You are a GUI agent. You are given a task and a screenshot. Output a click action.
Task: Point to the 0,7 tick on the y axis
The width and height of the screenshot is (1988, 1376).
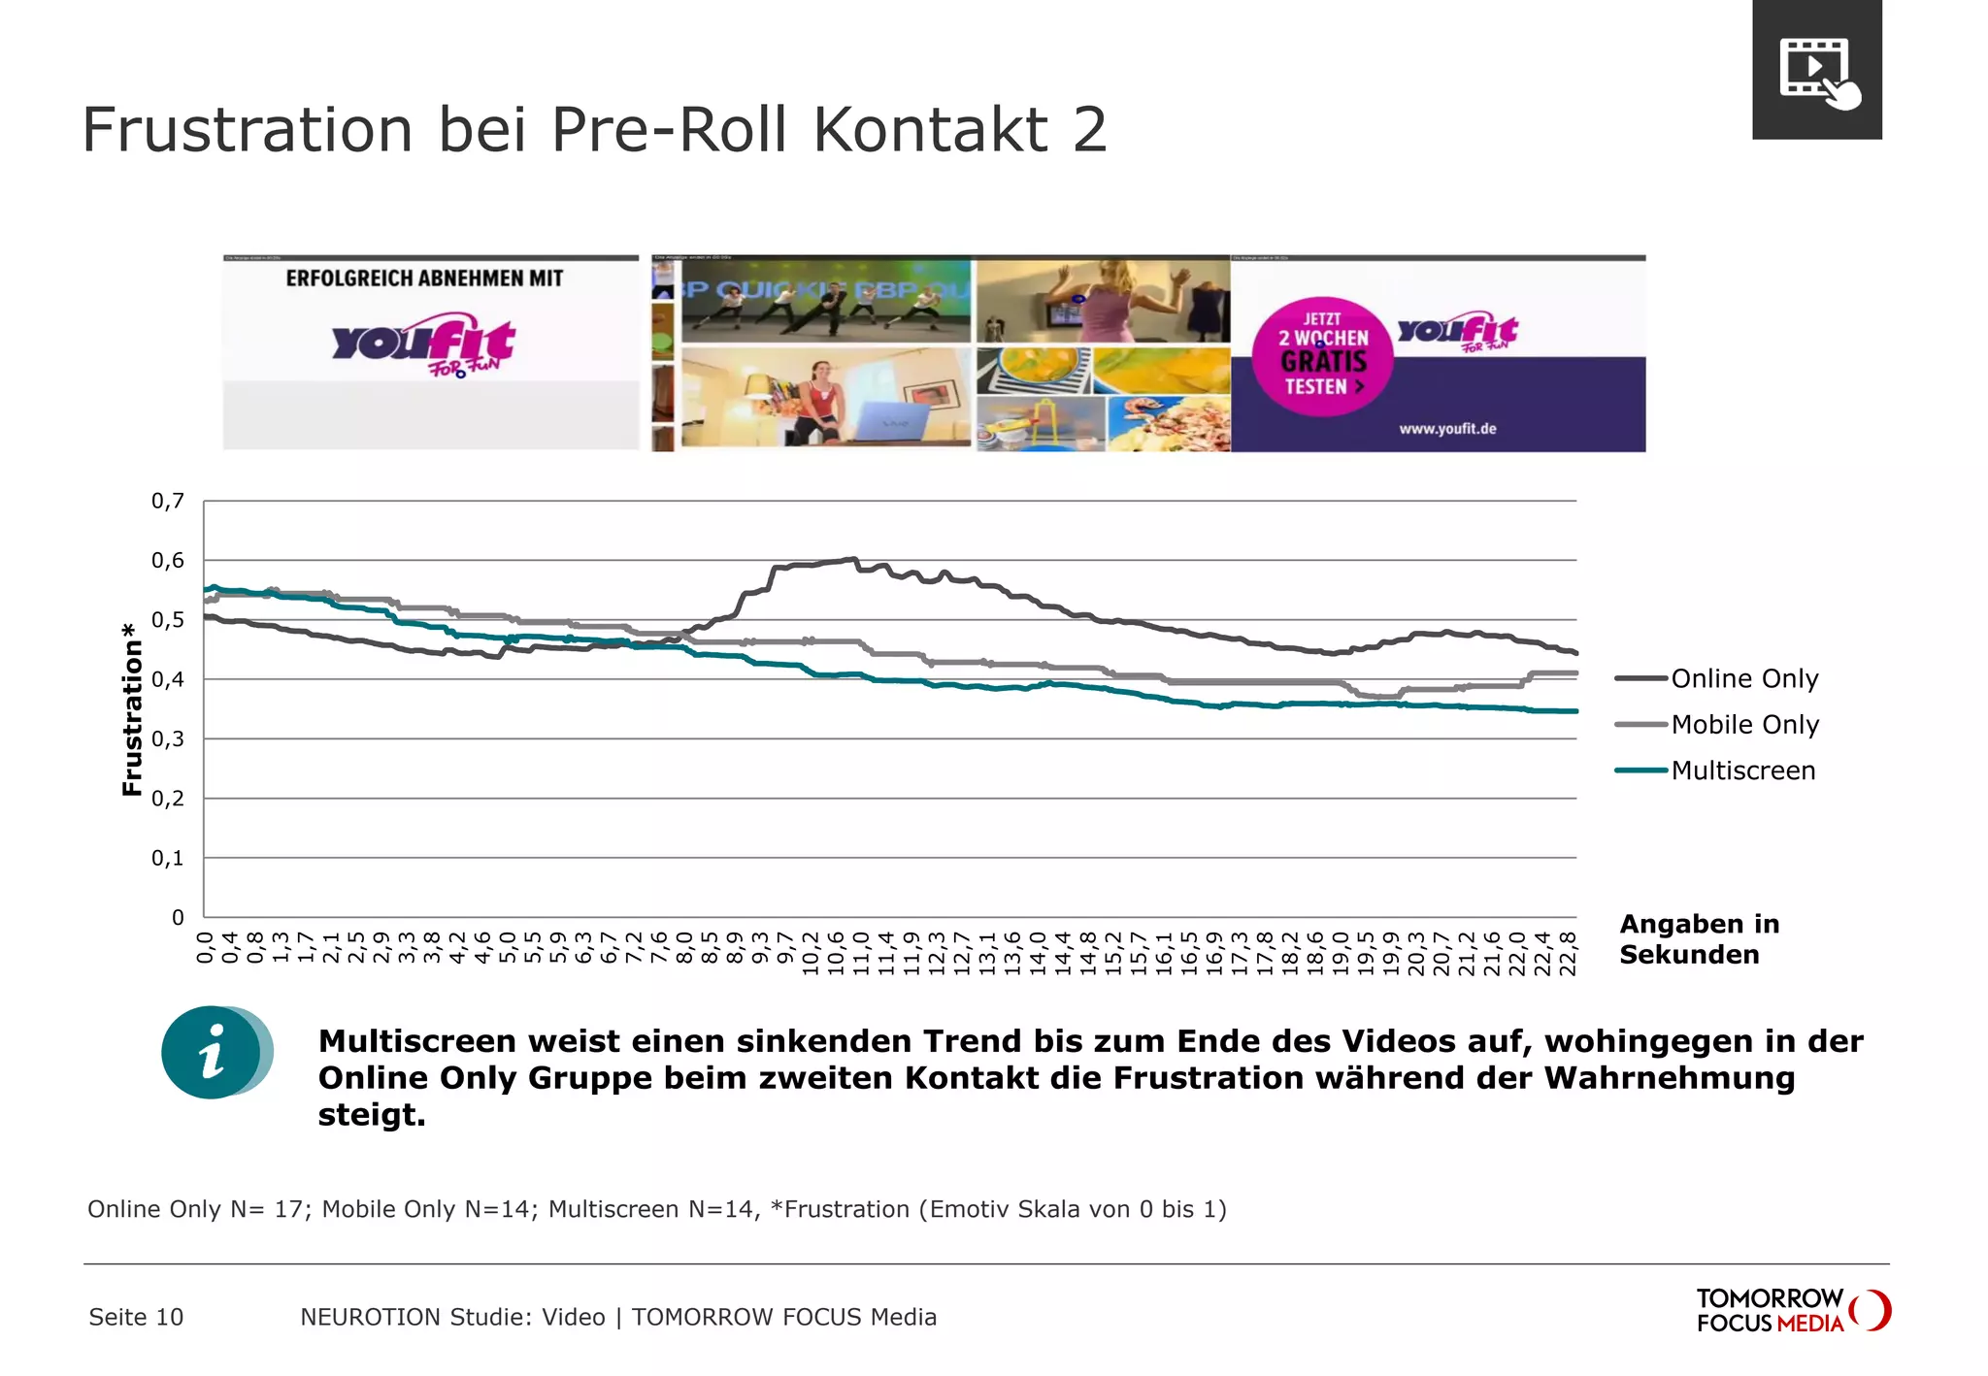(167, 501)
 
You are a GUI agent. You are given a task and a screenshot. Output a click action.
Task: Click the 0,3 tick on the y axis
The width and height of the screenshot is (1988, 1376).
(167, 739)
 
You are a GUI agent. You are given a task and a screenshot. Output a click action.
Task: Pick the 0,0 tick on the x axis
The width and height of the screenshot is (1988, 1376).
(205, 947)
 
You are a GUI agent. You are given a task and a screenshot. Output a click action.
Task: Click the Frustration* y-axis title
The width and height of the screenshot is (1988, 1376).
(132, 710)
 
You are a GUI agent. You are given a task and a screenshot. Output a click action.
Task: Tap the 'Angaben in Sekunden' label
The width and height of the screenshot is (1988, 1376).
(1699, 938)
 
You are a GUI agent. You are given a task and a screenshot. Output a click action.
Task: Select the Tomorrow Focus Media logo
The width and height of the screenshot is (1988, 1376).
(1792, 1310)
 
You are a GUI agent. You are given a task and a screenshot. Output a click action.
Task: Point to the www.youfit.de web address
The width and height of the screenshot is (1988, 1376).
(1446, 428)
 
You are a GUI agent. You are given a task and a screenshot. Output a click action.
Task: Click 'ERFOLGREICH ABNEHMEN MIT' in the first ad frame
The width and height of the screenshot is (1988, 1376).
(424, 278)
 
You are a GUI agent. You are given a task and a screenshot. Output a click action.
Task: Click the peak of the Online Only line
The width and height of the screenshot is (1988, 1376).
(852, 559)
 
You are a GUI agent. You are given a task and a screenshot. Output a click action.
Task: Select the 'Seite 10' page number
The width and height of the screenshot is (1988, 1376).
(136, 1317)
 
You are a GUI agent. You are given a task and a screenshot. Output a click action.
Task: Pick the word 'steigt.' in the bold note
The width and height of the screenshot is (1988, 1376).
(372, 1114)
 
